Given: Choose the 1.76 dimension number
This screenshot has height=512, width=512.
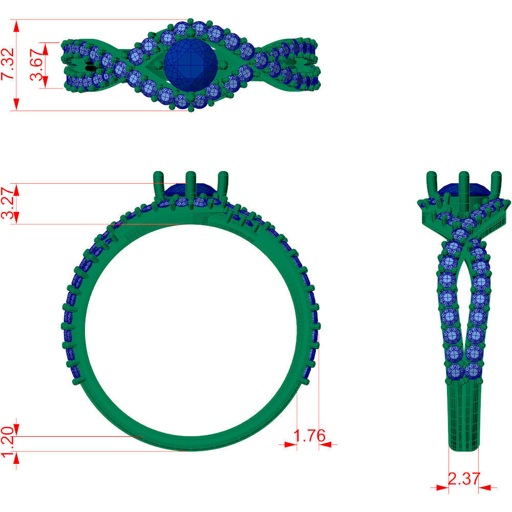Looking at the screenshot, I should point(309,436).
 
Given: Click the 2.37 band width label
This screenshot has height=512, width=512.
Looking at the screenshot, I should point(464,479).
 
